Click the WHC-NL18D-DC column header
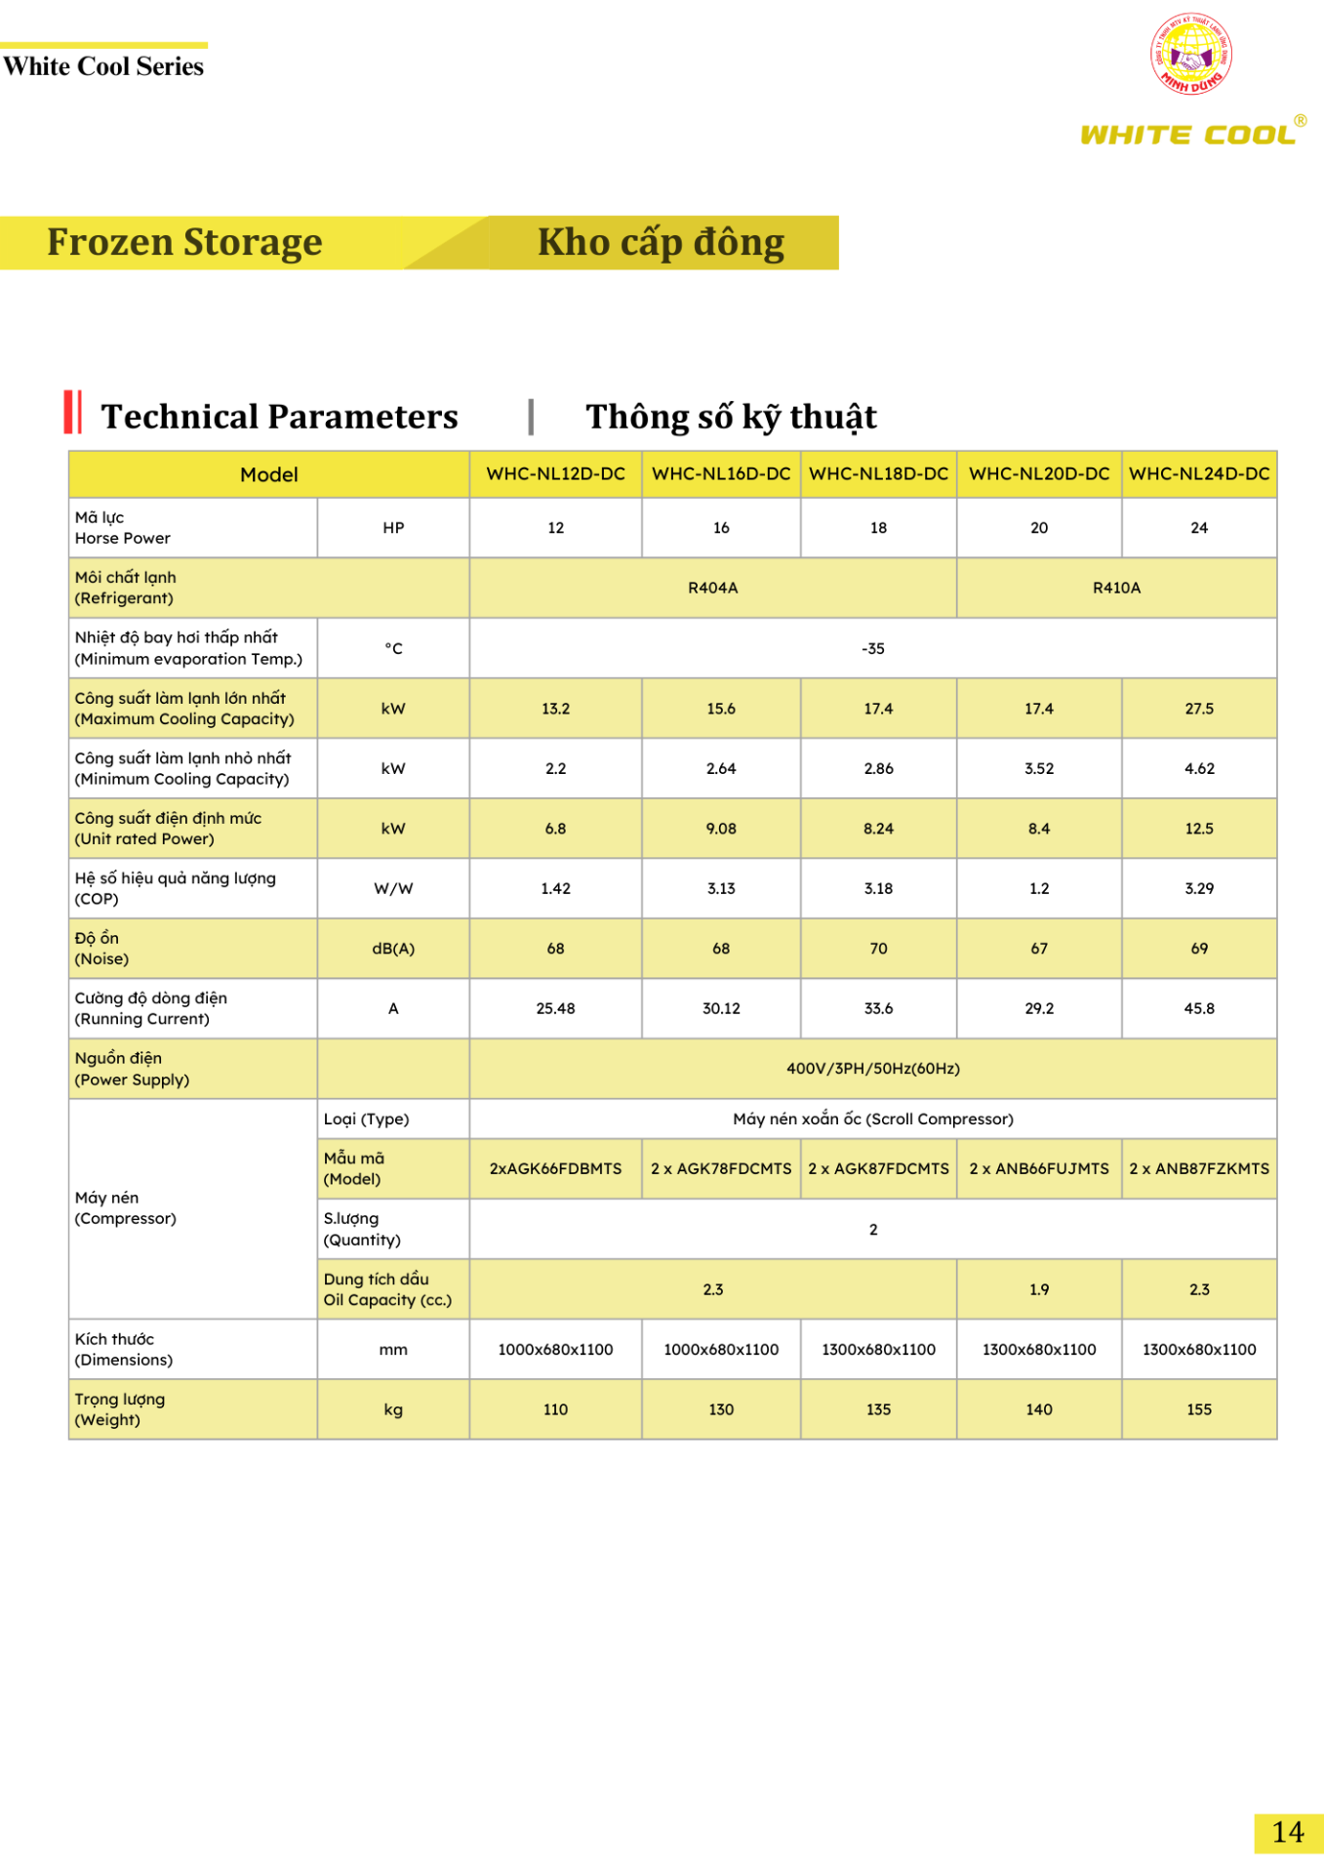(878, 474)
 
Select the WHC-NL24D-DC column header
(1199, 474)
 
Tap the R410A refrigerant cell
(1116, 588)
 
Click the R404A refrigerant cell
(712, 588)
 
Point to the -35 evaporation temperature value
(872, 648)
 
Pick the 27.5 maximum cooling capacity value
(1199, 709)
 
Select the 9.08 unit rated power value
(721, 829)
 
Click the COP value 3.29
(1199, 888)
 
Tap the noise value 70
(878, 949)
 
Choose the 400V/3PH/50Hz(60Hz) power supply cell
(872, 1069)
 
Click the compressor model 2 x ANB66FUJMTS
(1039, 1168)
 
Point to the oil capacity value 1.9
(1039, 1289)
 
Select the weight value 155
(1199, 1409)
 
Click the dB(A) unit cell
(393, 949)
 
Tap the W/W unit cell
(393, 888)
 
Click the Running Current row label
(151, 1008)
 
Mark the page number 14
(1288, 1832)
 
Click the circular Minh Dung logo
(1190, 54)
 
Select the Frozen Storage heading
(184, 242)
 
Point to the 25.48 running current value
(555, 1008)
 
